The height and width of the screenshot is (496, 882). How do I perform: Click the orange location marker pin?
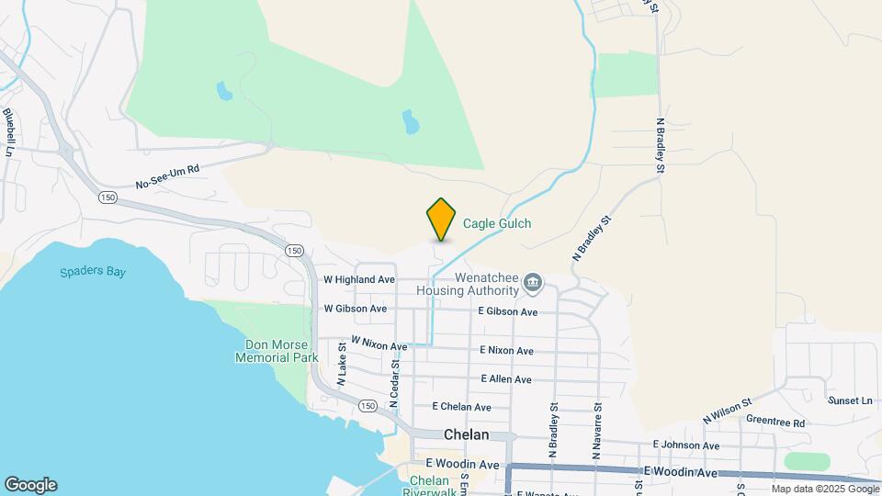point(441,219)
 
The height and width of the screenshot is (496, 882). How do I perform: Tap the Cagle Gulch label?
point(496,223)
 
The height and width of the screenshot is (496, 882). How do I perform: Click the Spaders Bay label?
point(93,272)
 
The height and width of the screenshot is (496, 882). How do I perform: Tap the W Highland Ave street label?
point(359,279)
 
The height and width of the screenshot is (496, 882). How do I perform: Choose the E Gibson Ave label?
point(507,312)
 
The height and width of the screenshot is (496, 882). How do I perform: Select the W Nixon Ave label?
point(379,344)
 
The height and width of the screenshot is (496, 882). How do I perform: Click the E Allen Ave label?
point(505,379)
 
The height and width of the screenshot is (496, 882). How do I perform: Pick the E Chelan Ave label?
point(461,407)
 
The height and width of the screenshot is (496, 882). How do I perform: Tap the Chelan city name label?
point(466,435)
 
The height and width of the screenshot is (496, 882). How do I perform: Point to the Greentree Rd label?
point(775,423)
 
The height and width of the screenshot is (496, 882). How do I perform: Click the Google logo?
point(30,485)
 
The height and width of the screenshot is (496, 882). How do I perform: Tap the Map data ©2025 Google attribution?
point(825,489)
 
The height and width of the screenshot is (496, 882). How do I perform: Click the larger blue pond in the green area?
point(410,121)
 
